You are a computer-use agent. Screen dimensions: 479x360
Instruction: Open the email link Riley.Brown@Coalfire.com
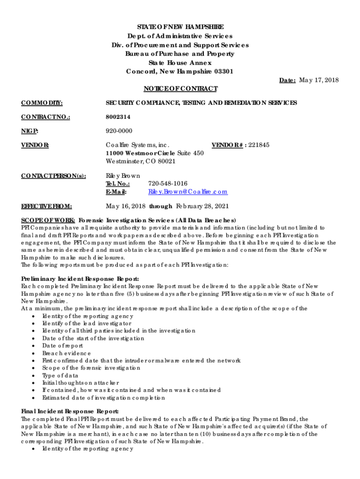tap(188, 191)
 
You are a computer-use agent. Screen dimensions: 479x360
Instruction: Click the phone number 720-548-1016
tap(168, 183)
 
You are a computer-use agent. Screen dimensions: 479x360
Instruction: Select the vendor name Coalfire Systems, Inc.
tap(137, 145)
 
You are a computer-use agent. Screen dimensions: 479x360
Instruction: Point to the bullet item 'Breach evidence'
tap(66, 353)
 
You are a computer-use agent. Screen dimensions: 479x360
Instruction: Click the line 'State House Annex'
tap(180, 63)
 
